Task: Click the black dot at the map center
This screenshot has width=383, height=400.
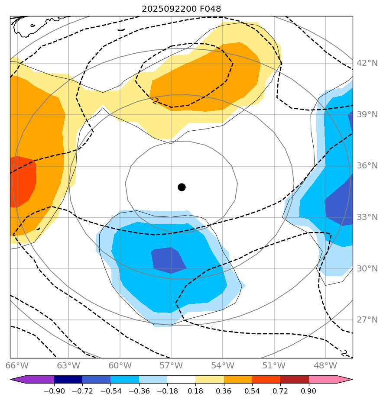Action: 182,187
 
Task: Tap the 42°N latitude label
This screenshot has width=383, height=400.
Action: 367,63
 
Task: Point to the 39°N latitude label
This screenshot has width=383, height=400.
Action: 367,115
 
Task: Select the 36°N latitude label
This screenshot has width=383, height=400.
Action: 367,166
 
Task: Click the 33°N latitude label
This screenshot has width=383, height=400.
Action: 367,217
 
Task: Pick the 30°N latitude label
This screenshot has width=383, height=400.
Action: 367,269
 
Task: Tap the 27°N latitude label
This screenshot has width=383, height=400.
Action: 367,320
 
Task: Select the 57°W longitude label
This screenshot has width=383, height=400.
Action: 171,365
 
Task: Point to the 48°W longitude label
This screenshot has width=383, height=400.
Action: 325,365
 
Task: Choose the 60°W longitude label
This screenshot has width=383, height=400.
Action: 120,365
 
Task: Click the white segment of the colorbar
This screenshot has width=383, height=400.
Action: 181,380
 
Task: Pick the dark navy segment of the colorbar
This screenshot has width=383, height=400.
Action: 68,380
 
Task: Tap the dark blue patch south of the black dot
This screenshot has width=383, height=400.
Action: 168,260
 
